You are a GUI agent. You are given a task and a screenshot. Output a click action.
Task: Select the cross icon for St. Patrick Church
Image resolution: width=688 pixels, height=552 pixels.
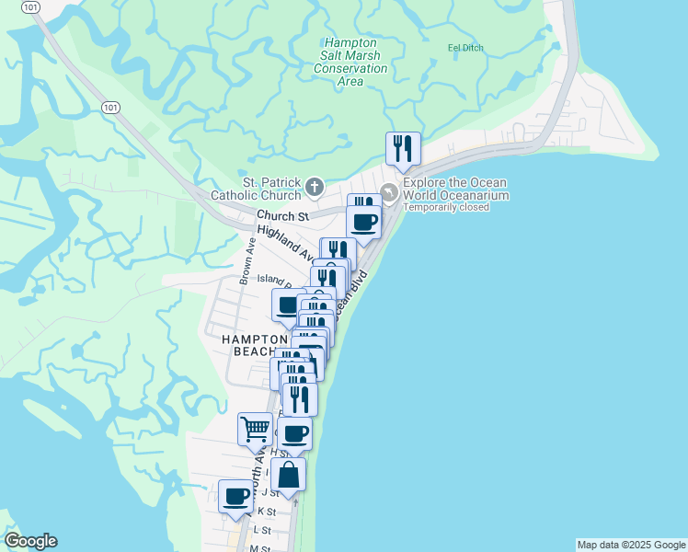click(x=314, y=188)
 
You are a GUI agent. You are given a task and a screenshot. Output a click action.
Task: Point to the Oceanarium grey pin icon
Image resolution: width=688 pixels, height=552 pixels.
click(x=388, y=192)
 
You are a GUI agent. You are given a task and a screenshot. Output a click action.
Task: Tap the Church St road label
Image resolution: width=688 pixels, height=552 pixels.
click(x=282, y=216)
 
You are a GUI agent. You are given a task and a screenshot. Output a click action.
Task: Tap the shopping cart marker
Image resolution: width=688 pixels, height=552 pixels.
click(x=255, y=429)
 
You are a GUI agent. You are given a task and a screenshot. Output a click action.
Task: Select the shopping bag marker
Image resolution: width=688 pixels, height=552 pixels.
click(x=289, y=476)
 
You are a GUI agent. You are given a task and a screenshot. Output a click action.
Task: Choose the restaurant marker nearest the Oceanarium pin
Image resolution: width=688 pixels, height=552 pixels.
click(x=403, y=148)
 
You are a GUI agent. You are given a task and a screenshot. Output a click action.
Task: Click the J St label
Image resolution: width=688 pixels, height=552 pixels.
click(x=269, y=492)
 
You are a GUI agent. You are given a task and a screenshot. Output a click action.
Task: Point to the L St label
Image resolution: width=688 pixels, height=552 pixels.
click(x=263, y=531)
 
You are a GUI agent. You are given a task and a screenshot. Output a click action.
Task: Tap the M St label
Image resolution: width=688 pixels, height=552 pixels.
click(x=258, y=547)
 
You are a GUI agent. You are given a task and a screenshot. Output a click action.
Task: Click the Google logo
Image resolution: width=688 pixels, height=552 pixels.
click(x=30, y=541)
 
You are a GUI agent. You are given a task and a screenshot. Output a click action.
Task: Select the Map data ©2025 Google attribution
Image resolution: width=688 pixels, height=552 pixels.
click(x=631, y=545)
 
